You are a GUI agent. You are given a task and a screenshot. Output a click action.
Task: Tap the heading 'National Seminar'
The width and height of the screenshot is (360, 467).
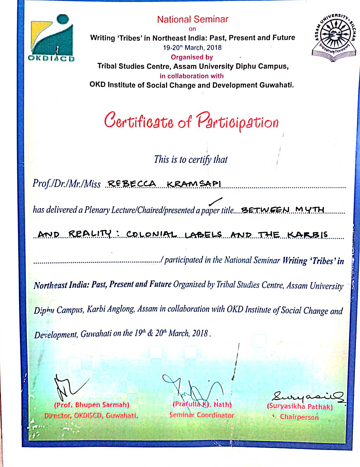click(193, 19)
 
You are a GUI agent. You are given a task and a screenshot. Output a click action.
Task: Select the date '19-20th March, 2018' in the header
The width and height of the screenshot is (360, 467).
click(192, 48)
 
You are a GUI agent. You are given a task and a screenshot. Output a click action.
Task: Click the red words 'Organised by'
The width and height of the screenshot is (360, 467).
click(192, 57)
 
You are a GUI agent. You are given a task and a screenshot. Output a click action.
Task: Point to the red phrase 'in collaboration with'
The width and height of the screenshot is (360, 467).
click(192, 76)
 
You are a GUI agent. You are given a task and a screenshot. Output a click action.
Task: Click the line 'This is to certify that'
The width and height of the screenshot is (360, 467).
click(191, 159)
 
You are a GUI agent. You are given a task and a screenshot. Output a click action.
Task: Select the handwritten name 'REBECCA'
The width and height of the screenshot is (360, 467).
click(131, 184)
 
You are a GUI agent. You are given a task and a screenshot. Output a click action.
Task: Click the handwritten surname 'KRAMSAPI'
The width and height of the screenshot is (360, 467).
click(194, 184)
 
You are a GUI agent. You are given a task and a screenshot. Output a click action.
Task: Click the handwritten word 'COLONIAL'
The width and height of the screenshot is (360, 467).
click(151, 234)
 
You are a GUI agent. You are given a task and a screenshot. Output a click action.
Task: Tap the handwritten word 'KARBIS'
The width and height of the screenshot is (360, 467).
click(308, 234)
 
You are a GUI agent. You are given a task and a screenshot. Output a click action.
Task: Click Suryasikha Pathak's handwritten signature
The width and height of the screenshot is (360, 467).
click(307, 396)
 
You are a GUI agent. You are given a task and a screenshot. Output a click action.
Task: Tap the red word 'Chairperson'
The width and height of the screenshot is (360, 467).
click(299, 417)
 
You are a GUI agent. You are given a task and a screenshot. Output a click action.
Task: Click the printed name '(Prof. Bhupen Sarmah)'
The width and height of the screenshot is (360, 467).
click(92, 405)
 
